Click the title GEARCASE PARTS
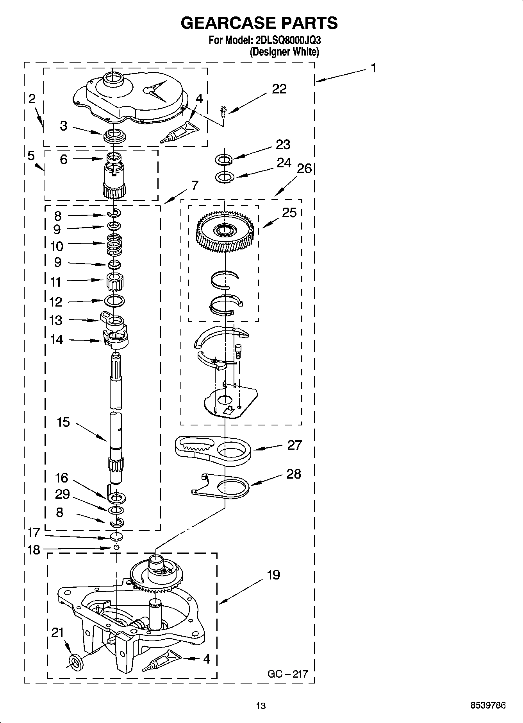(259, 23)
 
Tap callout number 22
(279, 89)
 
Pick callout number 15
(63, 422)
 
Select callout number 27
(295, 445)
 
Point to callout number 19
(273, 575)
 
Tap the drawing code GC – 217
(287, 674)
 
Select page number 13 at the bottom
(261, 706)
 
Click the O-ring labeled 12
(114, 301)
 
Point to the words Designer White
(284, 52)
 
